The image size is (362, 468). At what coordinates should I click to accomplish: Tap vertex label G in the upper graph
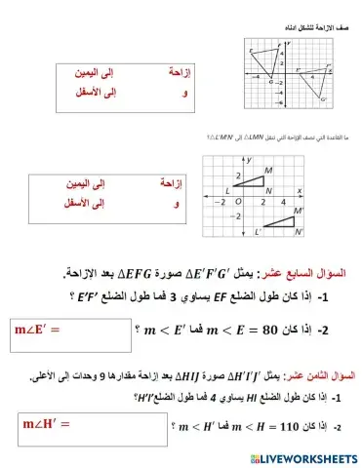[270, 82]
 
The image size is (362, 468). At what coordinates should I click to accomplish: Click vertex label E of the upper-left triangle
[251, 51]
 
